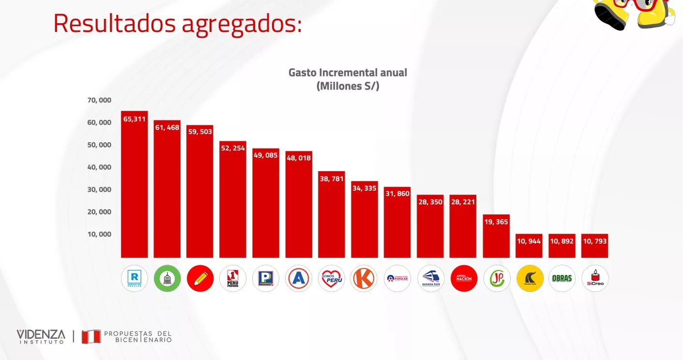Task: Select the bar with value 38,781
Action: pos(332,218)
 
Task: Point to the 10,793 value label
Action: pos(595,240)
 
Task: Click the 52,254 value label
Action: pos(233,148)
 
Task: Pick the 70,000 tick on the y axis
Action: pos(99,100)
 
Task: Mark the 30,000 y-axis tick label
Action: pos(99,189)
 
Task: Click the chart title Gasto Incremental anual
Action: pos(348,73)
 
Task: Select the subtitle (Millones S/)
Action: pos(348,86)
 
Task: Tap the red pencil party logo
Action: pos(200,278)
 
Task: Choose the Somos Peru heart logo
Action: pos(332,278)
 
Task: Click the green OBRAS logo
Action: pos(562,278)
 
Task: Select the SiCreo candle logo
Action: pos(595,278)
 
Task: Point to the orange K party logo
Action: pos(364,278)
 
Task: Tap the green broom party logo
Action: pos(167,278)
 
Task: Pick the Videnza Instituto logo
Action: pos(41,336)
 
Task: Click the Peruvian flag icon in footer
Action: pos(91,336)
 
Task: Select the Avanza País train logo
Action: pos(431,278)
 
